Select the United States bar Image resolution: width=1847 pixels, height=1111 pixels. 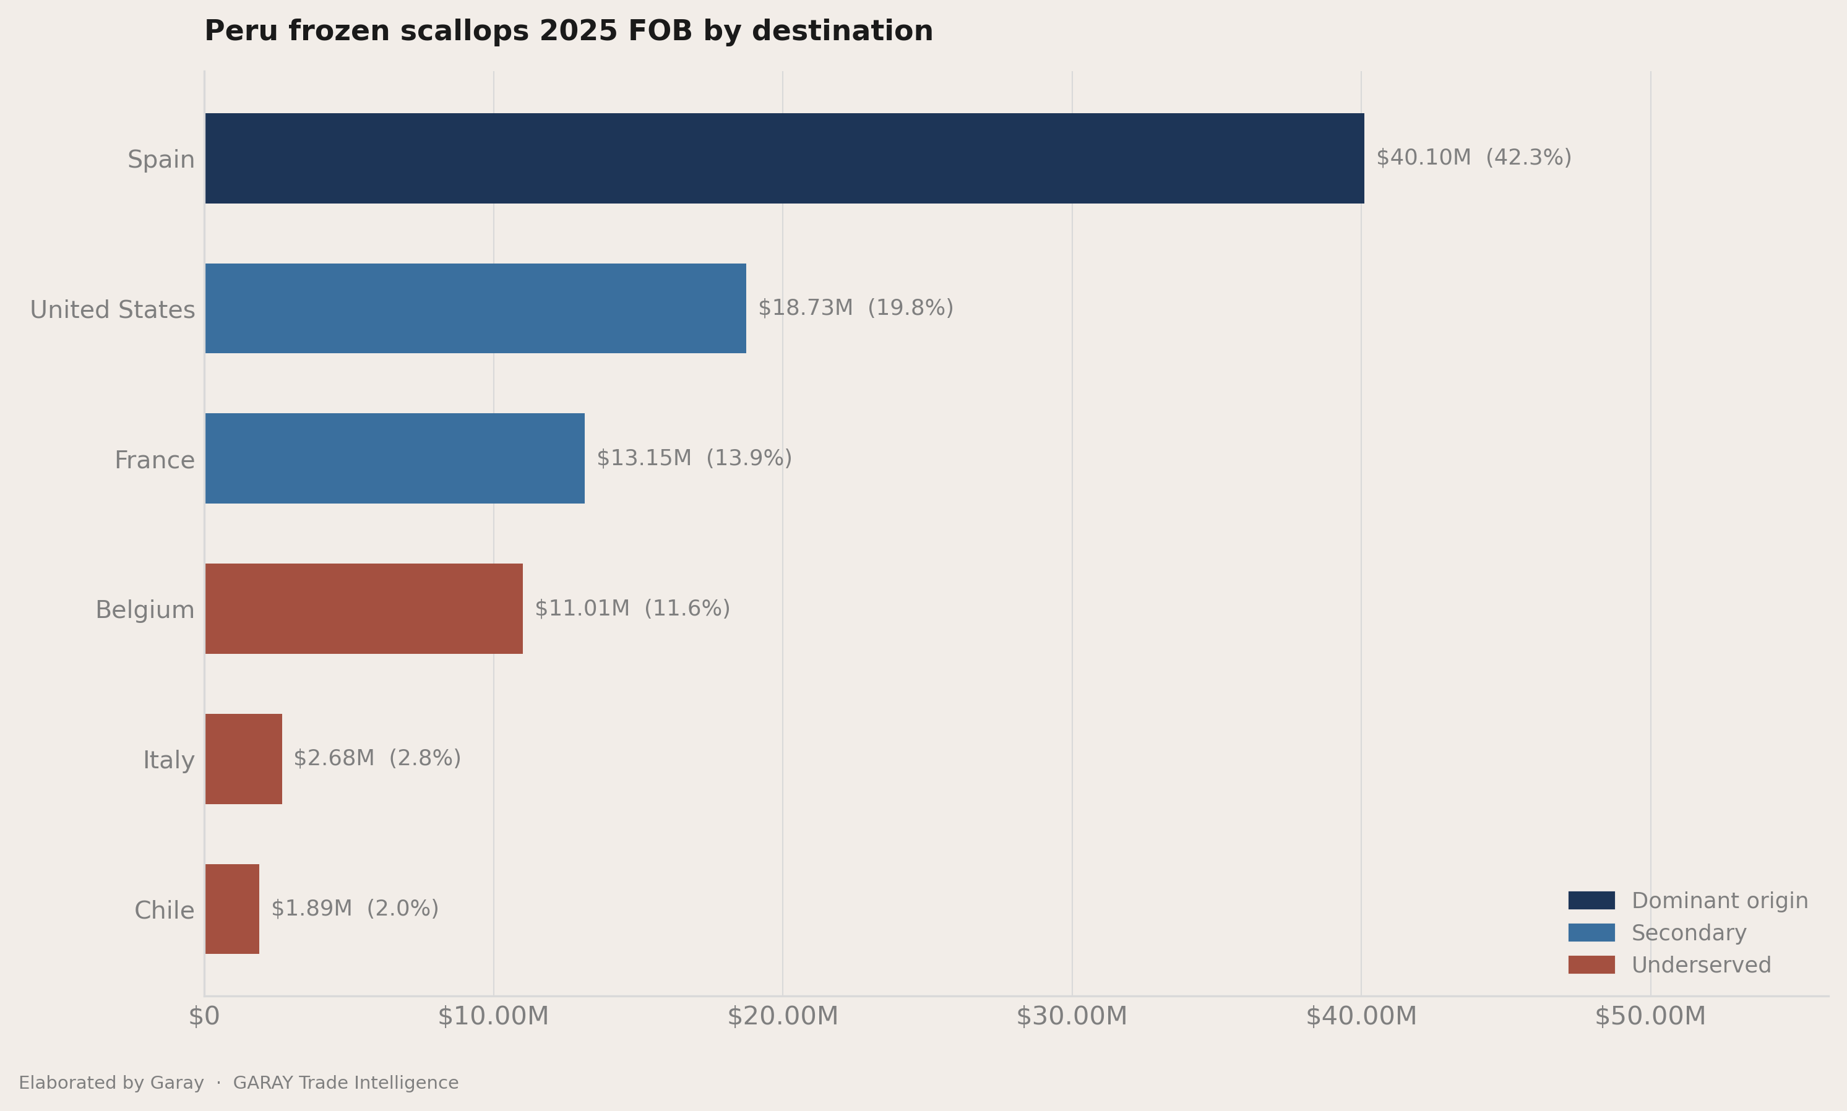(x=475, y=309)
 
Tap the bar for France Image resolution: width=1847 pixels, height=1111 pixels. (x=395, y=458)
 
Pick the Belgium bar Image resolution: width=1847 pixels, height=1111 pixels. (x=364, y=609)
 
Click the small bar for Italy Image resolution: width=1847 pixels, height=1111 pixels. (x=243, y=759)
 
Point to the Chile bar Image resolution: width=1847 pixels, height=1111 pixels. (x=232, y=909)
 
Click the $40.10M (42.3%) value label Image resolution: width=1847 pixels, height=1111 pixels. (x=1473, y=158)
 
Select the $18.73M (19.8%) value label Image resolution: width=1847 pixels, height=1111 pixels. (x=856, y=307)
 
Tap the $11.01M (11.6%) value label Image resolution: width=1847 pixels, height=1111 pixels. (x=632, y=608)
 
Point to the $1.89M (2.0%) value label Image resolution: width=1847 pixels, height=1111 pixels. (x=355, y=908)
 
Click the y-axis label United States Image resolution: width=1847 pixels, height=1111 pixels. (x=112, y=309)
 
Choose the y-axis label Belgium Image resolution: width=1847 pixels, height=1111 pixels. (x=145, y=609)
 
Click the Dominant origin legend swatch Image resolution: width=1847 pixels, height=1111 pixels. (x=1591, y=901)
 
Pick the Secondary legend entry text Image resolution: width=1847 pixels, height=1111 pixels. (x=1688, y=933)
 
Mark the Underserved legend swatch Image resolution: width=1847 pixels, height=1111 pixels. (x=1591, y=965)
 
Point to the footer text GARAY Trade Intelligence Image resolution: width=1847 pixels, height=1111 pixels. (x=346, y=1083)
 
